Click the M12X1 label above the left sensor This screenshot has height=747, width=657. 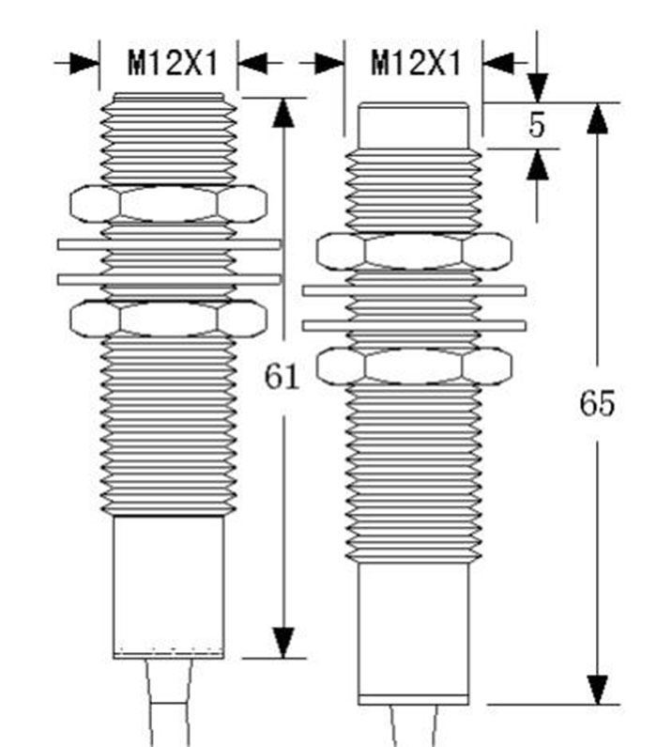tap(173, 64)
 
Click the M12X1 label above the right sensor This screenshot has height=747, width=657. tap(417, 64)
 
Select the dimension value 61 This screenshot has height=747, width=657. tap(281, 377)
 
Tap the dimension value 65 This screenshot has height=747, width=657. tap(596, 404)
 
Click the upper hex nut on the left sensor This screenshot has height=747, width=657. tap(168, 203)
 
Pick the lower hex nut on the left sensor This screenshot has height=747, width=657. tap(168, 318)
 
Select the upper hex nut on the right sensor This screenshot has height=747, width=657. tap(414, 251)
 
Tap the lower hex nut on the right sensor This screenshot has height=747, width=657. tap(414, 366)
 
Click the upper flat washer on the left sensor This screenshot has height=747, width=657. tap(169, 244)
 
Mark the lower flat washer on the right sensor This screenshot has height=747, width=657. tap(414, 325)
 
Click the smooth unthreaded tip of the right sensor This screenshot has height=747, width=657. tap(414, 126)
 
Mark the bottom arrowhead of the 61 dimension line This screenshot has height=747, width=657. tap(282, 644)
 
